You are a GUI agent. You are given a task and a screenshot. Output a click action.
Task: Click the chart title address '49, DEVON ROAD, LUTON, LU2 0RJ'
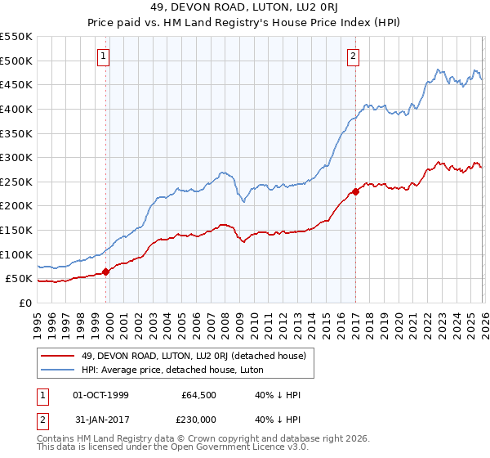[x=244, y=8]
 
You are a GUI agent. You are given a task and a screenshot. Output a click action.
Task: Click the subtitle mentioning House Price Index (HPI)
[x=244, y=23]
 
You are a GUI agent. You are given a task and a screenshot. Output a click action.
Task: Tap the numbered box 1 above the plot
[x=105, y=56]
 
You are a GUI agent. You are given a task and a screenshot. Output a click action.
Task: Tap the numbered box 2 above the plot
[x=353, y=56]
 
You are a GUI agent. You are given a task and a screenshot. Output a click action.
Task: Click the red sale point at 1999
[x=105, y=272]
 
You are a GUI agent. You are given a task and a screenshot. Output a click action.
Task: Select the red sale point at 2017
[x=355, y=192]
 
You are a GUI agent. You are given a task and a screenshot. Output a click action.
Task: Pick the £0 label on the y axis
[x=24, y=303]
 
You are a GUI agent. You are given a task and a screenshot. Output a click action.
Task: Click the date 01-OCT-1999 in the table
[x=100, y=395]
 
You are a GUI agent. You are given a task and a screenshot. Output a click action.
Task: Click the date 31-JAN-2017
[x=100, y=421]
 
